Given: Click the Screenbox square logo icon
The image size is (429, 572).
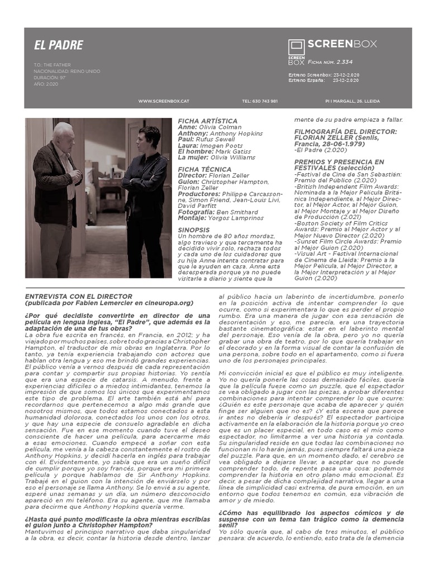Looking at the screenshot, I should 296,47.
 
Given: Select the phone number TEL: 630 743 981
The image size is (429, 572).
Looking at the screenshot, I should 260,101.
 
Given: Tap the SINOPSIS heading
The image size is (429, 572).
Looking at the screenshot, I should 194,230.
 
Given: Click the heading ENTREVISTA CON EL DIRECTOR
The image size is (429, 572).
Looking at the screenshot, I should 78,296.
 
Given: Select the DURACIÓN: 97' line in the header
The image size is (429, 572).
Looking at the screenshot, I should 50,78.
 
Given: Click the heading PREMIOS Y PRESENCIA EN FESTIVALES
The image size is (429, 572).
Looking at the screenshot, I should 339,165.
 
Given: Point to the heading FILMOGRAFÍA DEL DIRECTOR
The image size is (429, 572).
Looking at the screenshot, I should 345,131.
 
